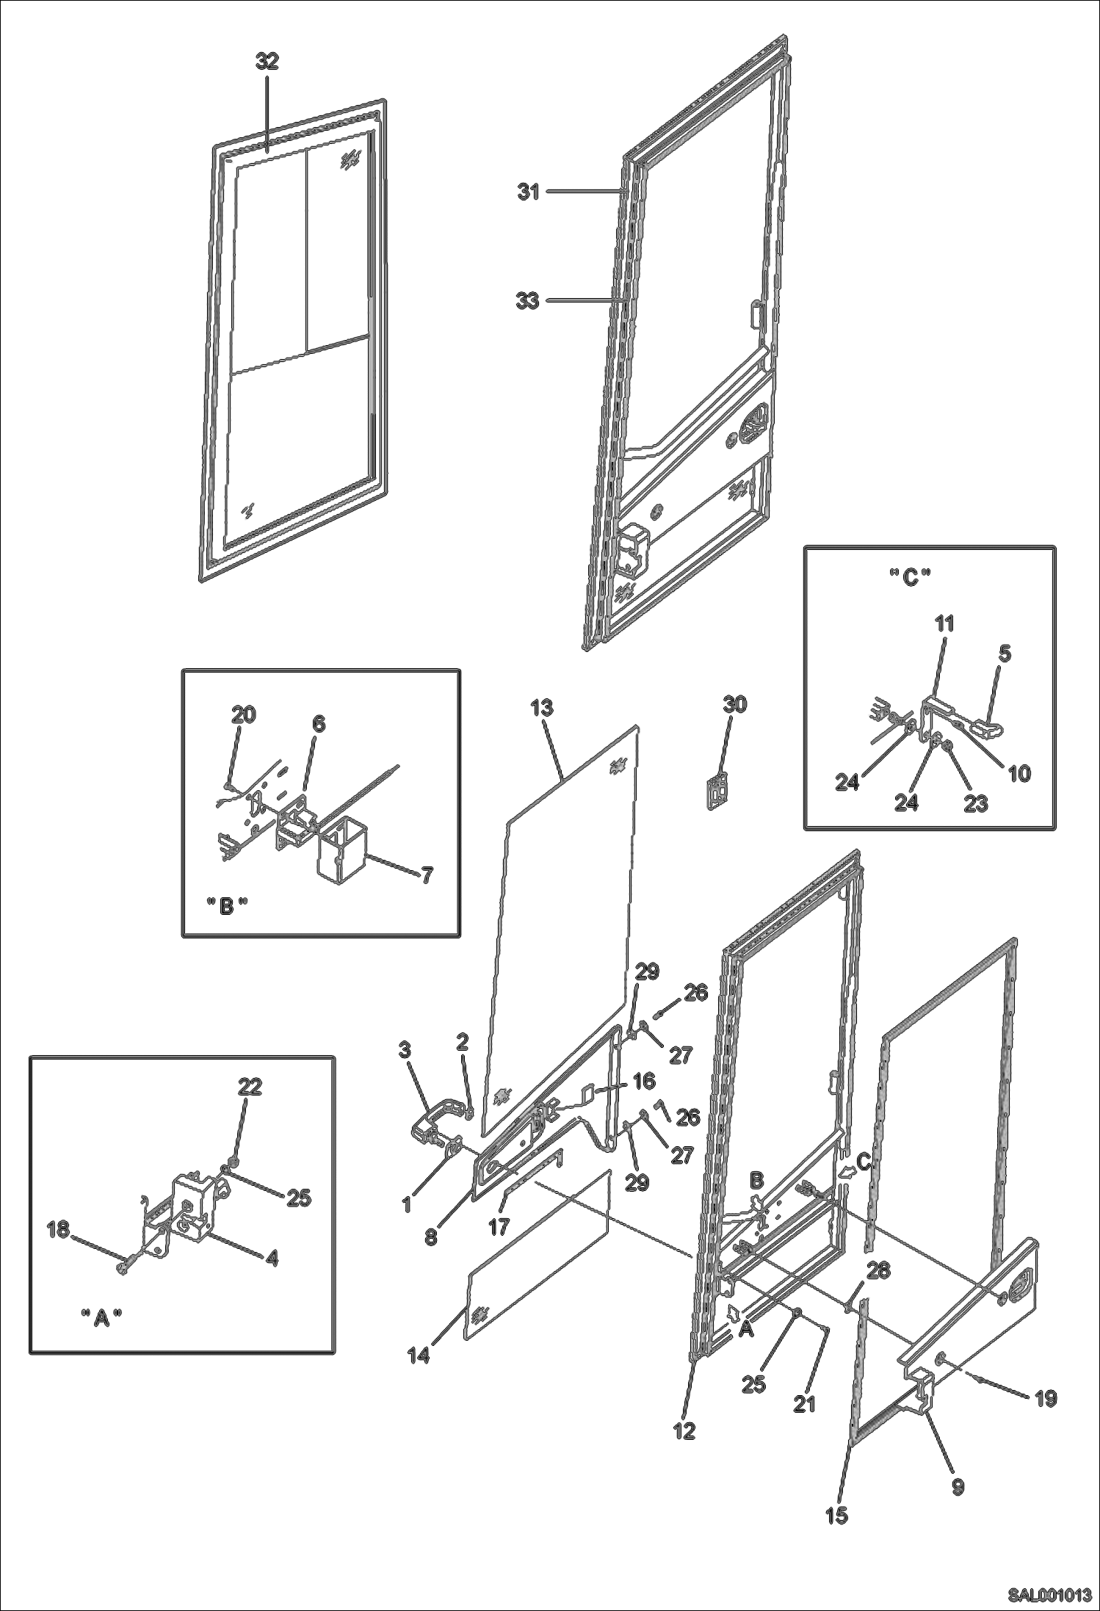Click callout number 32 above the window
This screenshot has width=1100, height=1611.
pyautogui.click(x=267, y=62)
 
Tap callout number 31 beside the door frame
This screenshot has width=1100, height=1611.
pyautogui.click(x=529, y=192)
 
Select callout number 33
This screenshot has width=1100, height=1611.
pyautogui.click(x=528, y=300)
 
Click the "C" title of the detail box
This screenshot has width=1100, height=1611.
pyautogui.click(x=910, y=579)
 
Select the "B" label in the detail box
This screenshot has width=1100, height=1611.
pyautogui.click(x=227, y=906)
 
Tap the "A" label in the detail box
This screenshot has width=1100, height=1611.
pyautogui.click(x=101, y=1318)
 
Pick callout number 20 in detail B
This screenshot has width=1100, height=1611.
pyautogui.click(x=244, y=714)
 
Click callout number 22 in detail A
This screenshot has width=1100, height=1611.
pyautogui.click(x=250, y=1086)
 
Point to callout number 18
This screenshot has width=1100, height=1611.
pyautogui.click(x=59, y=1228)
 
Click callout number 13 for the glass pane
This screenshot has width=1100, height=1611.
pyautogui.click(x=543, y=708)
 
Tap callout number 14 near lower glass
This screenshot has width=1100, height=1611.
pyautogui.click(x=419, y=1355)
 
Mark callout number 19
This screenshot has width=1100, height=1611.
pyautogui.click(x=1045, y=1399)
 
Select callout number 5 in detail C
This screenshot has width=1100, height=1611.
pyautogui.click(x=1005, y=654)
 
